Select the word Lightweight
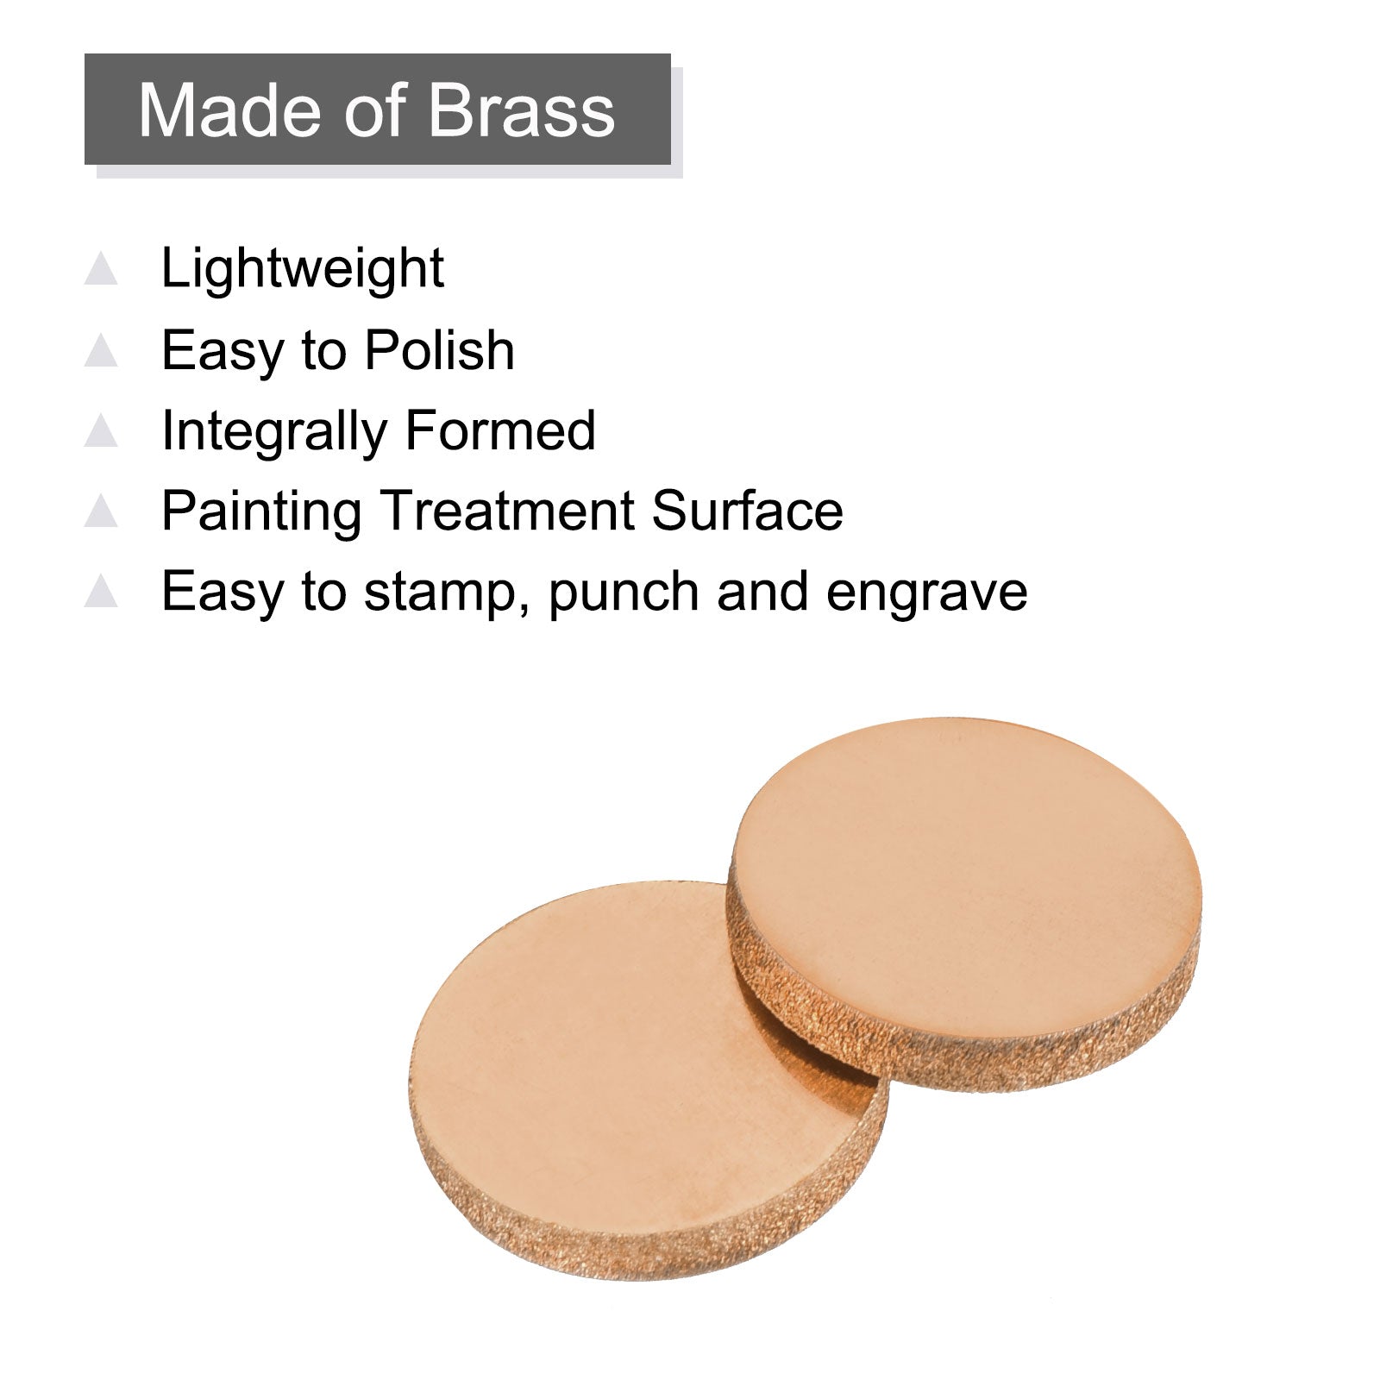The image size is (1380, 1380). click(x=303, y=269)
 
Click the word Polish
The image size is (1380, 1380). click(x=439, y=350)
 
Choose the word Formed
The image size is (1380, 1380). click(x=500, y=430)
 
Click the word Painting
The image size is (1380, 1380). click(x=261, y=511)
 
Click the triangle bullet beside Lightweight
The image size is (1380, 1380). click(x=101, y=269)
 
